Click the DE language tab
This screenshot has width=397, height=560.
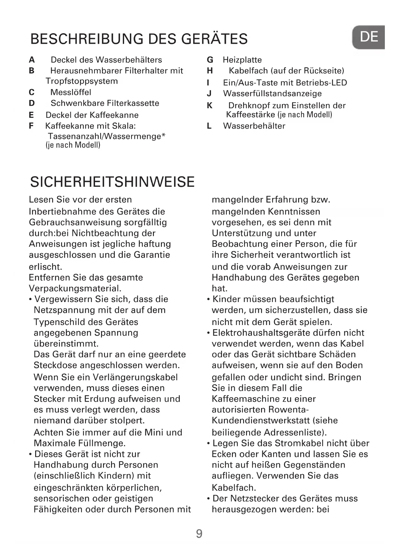tap(369, 37)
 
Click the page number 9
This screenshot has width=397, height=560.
tap(199, 534)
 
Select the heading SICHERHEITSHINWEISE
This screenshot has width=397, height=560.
tap(112, 182)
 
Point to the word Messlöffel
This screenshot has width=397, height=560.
tap(71, 92)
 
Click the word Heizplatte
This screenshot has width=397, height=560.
tap(242, 60)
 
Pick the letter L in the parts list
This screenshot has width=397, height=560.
tap(209, 126)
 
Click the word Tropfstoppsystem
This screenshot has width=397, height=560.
tap(82, 81)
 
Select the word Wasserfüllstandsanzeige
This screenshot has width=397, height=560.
tap(272, 94)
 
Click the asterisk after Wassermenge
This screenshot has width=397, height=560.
tap(163, 136)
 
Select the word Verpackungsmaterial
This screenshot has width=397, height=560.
tap(75, 289)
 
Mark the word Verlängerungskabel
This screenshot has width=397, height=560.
tap(135, 377)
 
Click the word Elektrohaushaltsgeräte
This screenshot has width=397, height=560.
tap(266, 333)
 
